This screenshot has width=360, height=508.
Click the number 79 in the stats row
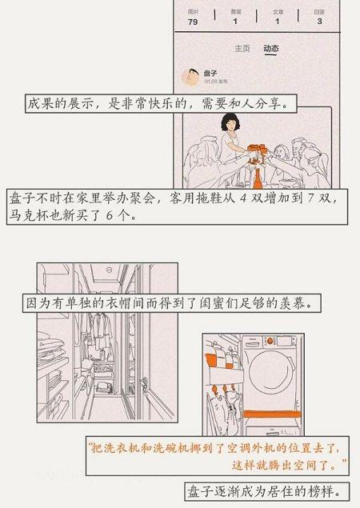[x=193, y=22]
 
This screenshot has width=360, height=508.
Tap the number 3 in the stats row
[x=319, y=22]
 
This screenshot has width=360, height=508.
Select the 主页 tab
[x=242, y=49]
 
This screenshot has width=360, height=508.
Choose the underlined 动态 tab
[x=271, y=49]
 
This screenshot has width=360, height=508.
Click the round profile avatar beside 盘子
[x=190, y=77]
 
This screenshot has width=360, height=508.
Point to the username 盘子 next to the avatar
[x=210, y=74]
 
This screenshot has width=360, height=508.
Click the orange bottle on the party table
[x=258, y=179]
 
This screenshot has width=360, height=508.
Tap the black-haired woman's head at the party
[x=230, y=122]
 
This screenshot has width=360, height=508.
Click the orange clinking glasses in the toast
[x=258, y=150]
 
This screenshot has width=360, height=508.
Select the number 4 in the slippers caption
[x=243, y=198]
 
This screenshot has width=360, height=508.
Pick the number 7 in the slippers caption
[x=310, y=198]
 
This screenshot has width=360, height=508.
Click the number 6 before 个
[x=109, y=215]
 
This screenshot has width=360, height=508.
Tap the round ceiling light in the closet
[x=110, y=270]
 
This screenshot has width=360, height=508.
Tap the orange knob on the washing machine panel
[x=270, y=341]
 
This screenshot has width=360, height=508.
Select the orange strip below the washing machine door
[x=272, y=414]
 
